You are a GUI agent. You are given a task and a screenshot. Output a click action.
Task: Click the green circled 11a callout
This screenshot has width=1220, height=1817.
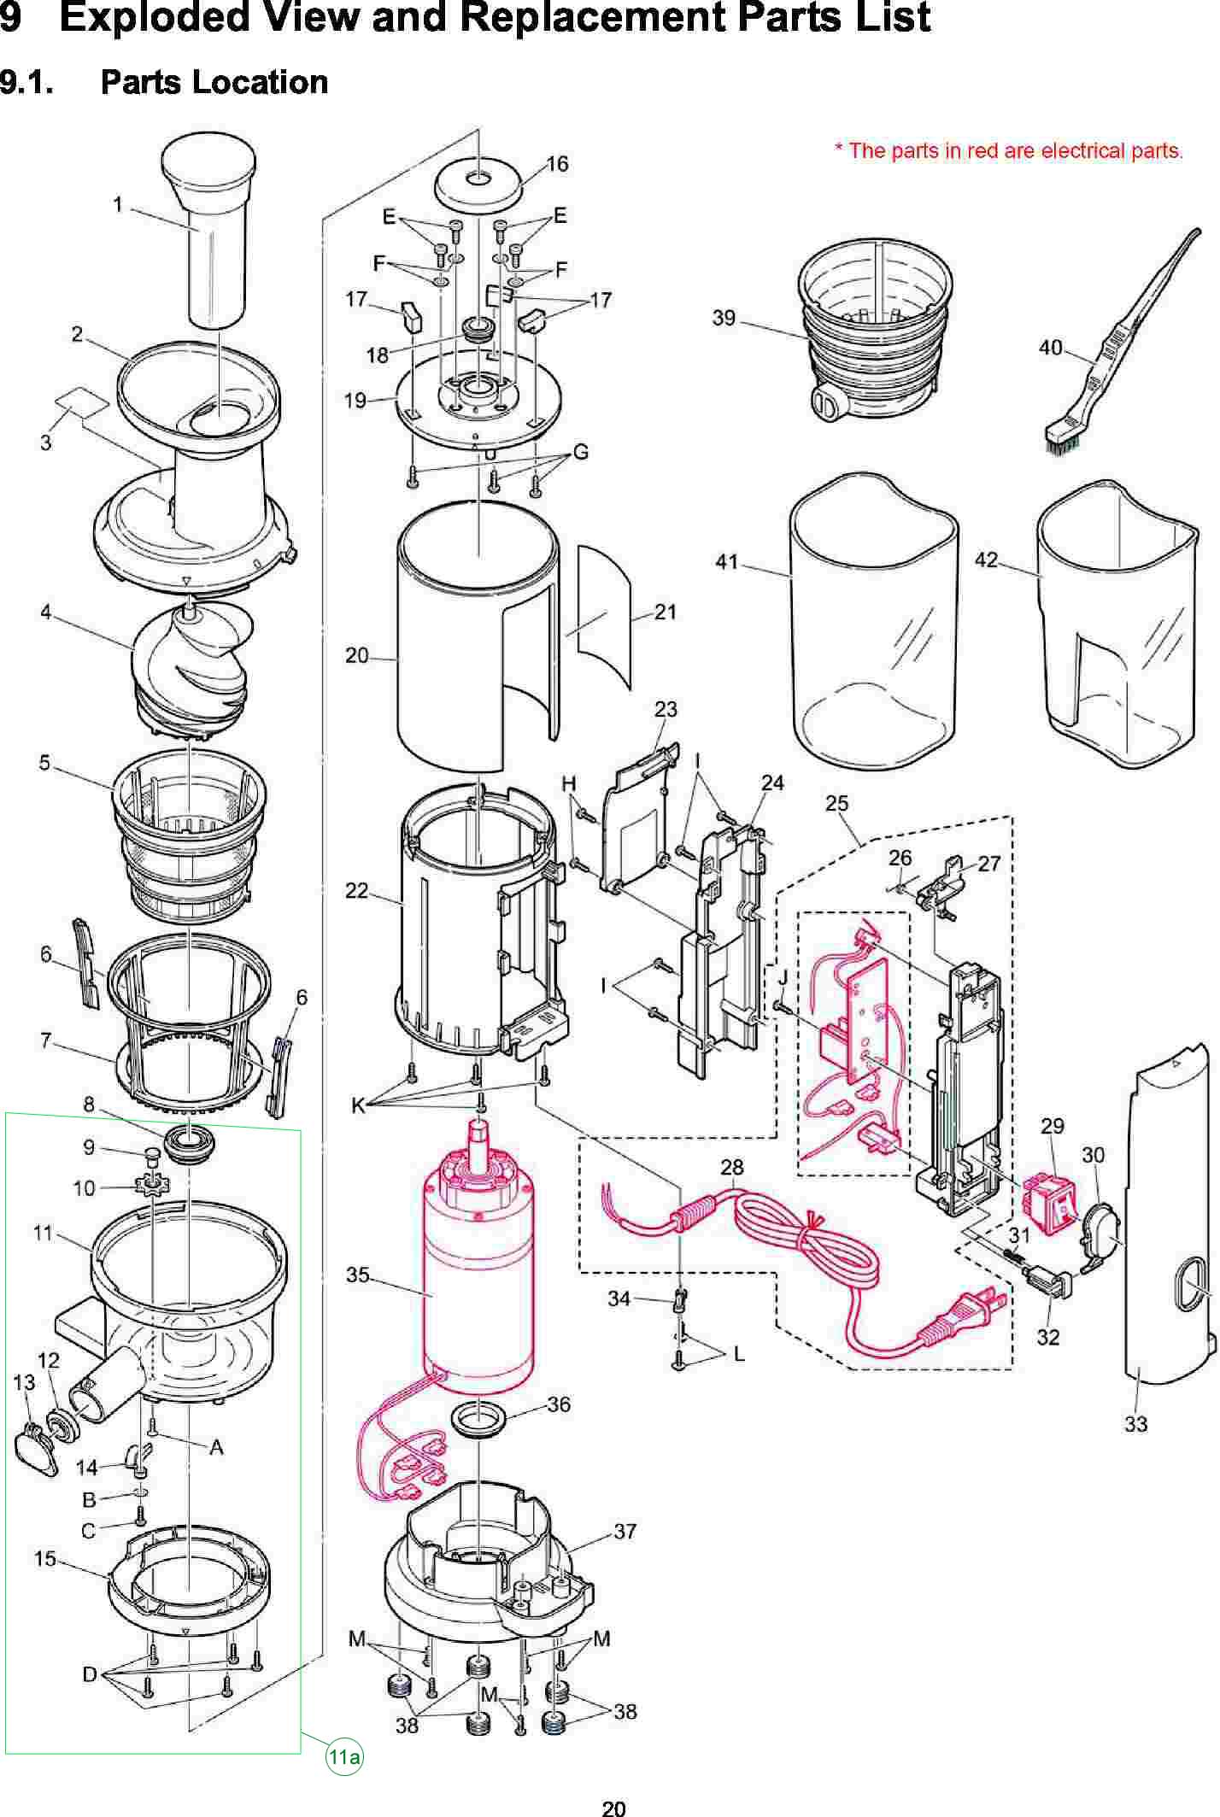click(x=343, y=1756)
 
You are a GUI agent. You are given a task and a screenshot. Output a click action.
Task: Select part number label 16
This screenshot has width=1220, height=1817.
click(x=557, y=164)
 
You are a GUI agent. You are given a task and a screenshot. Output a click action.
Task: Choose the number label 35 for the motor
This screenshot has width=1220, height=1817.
click(x=357, y=1275)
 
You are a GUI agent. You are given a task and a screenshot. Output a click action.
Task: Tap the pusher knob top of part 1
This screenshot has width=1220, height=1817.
click(x=208, y=162)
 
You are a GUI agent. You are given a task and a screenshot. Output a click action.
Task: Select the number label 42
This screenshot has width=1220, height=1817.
click(x=986, y=560)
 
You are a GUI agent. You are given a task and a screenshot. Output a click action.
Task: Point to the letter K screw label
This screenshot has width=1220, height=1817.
click(x=358, y=1106)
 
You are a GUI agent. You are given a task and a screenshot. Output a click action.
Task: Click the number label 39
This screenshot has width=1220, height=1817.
click(x=724, y=318)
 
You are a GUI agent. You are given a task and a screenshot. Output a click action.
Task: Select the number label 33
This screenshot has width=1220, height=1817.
click(x=1135, y=1424)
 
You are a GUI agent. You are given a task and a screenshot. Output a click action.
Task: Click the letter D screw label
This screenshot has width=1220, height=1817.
click(x=90, y=1674)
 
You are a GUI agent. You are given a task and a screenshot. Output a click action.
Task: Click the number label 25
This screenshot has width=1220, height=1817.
click(x=837, y=803)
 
